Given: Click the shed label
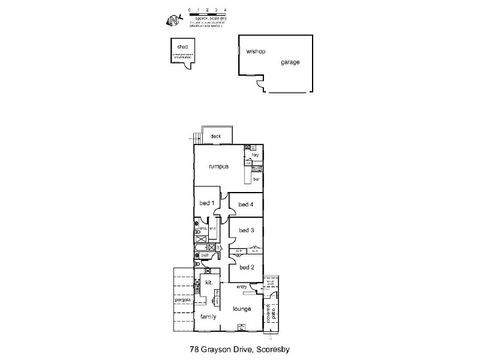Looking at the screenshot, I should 182,47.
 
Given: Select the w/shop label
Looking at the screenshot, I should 256,52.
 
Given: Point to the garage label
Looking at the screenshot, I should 290,62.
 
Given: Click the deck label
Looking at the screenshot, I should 216,136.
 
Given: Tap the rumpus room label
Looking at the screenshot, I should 220,167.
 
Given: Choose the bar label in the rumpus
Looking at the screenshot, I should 256,179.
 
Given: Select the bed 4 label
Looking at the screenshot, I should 246,205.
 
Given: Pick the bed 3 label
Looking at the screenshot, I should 246,230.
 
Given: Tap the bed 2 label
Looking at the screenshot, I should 247,267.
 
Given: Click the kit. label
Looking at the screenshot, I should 209,281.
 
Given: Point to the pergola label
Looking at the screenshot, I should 182,299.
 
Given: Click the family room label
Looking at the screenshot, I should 208,316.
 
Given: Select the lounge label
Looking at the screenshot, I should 242,309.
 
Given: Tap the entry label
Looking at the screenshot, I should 242,287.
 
